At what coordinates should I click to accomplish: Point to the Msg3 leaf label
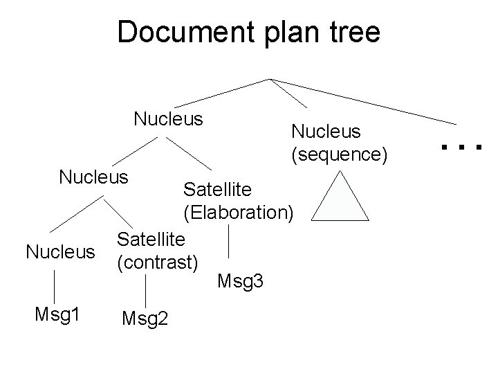pos(240,281)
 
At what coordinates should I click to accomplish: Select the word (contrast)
pos(158,262)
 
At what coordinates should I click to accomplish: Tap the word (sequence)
pos(339,154)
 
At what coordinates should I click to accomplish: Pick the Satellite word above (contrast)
pos(151,240)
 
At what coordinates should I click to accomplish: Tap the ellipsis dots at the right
pos(461,146)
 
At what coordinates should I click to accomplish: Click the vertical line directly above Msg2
pos(146,290)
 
